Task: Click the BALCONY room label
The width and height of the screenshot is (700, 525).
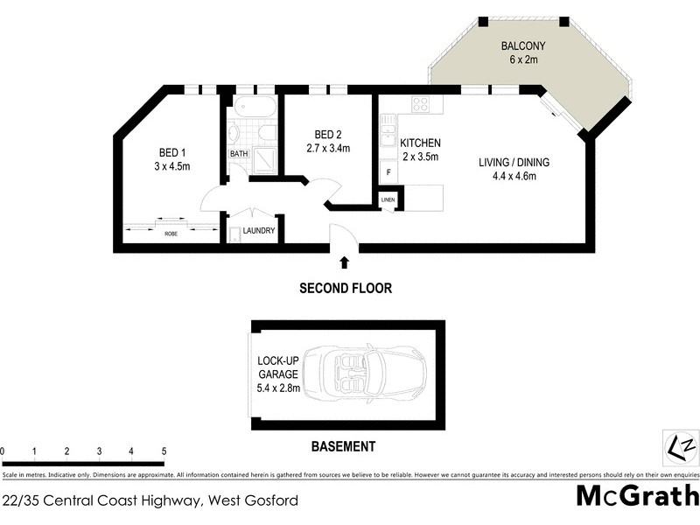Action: coord(523,45)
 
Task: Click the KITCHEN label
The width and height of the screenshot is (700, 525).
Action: coord(420,143)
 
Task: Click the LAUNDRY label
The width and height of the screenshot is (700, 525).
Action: coord(258,231)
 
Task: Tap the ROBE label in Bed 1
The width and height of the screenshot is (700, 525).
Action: coord(171,234)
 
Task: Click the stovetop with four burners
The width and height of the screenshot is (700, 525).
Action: coord(420,104)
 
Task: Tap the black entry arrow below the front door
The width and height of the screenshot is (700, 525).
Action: coord(344,261)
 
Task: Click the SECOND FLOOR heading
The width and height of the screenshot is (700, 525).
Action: coord(345,288)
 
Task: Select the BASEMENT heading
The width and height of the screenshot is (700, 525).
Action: coord(343,446)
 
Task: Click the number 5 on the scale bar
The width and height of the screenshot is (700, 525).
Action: coord(164,451)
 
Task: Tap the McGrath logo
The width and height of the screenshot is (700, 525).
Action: coord(636,496)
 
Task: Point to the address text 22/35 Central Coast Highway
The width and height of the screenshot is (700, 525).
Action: coord(150,501)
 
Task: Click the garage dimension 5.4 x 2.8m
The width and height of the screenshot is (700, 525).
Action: coord(278,388)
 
